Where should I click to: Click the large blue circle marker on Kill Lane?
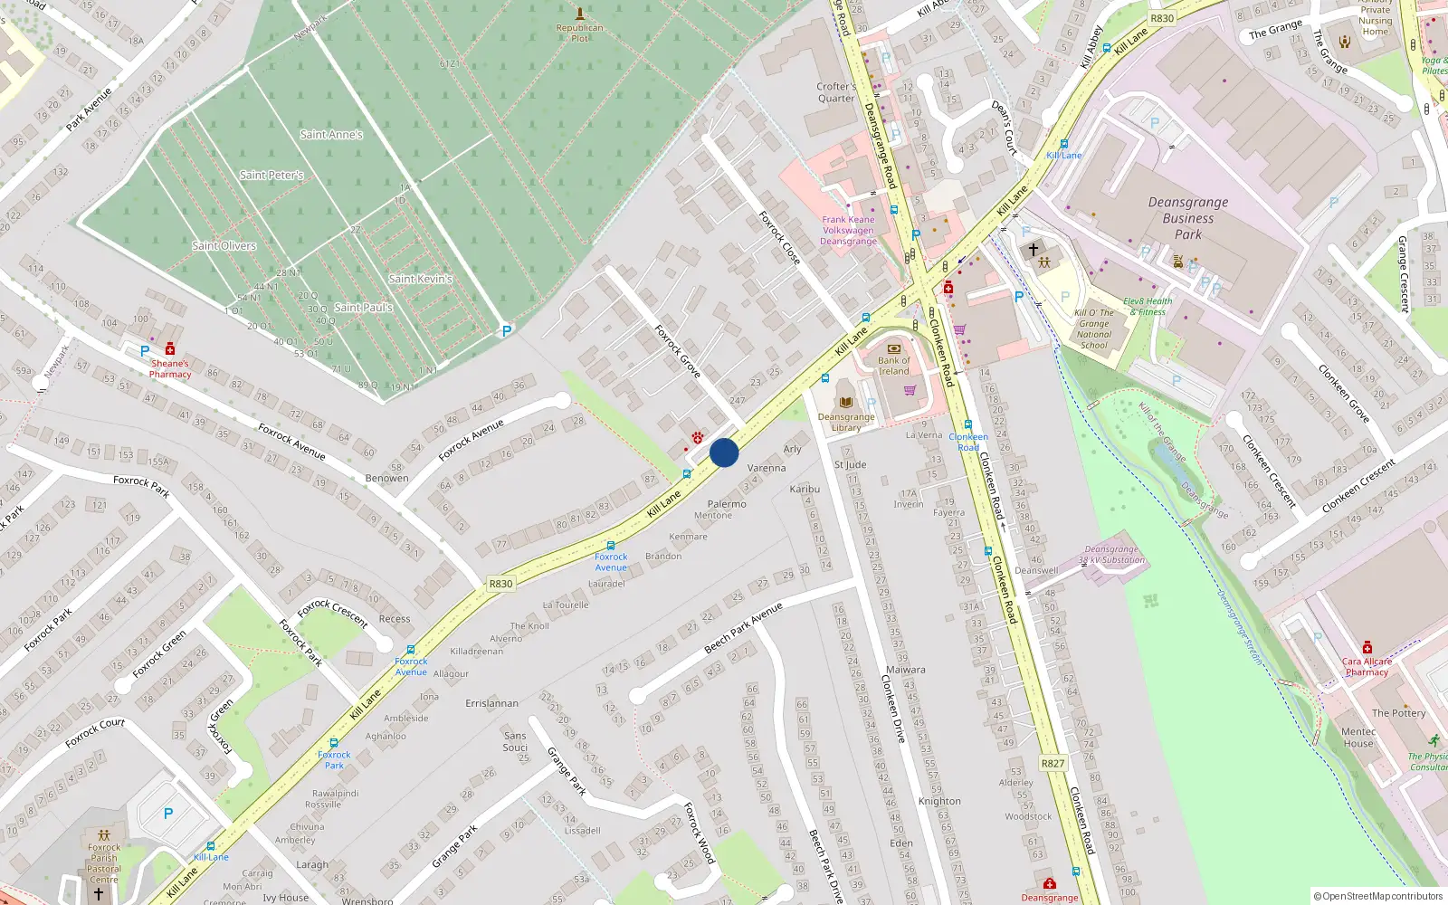[724, 452]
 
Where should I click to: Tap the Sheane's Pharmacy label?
[170, 368]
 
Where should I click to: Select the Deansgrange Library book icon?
[846, 402]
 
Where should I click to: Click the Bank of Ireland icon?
[894, 348]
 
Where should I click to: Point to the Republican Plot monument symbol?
[580, 13]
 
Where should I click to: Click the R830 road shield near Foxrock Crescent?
[500, 584]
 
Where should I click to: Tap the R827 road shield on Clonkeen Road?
[1053, 763]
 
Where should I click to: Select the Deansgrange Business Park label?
[1188, 218]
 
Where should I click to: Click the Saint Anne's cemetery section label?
[331, 135]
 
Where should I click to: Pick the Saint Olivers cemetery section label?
[224, 246]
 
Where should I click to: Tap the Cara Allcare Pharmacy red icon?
[1367, 647]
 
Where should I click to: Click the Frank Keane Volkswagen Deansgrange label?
[849, 231]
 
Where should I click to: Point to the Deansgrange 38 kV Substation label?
[1111, 555]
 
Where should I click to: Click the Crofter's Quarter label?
[836, 92]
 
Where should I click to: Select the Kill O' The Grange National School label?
[1093, 329]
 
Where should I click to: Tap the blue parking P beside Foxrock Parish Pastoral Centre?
[167, 814]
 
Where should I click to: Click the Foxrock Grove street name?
[678, 351]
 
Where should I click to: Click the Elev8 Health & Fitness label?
[1148, 307]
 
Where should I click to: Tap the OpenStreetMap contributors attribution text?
[1378, 896]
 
